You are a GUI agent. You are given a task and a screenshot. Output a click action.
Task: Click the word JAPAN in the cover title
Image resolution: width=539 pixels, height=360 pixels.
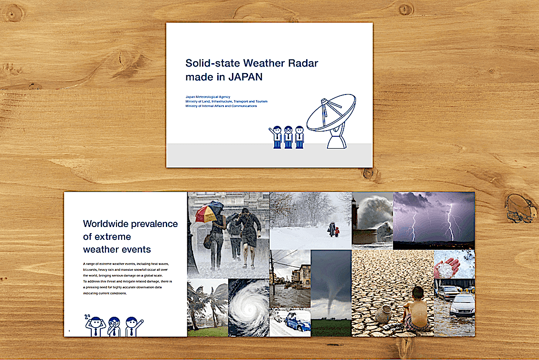click(x=245, y=77)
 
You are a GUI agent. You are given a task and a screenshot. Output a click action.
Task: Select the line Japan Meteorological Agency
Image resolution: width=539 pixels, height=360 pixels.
click(x=208, y=97)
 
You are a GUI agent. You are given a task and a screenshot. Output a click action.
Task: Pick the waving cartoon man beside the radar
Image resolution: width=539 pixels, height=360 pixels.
click(x=276, y=137)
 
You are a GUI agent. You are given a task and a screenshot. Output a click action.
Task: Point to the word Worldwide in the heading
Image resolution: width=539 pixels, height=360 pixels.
click(x=106, y=224)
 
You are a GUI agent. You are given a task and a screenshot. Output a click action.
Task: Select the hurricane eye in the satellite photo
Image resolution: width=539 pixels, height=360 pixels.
click(x=249, y=309)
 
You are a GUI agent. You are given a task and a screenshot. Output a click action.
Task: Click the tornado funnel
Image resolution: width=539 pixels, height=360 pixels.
click(x=331, y=298)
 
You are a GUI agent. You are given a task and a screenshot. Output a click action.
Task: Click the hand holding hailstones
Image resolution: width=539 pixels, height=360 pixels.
click(x=447, y=267)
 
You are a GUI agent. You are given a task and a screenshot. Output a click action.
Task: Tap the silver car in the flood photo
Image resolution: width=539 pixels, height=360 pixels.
click(x=462, y=305)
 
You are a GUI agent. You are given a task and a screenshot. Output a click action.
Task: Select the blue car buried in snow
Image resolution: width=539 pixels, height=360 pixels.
click(x=296, y=322)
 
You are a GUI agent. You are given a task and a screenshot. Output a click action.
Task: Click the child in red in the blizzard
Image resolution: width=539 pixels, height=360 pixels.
click(x=337, y=232)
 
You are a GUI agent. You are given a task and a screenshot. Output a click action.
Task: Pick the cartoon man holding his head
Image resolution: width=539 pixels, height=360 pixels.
click(x=95, y=325)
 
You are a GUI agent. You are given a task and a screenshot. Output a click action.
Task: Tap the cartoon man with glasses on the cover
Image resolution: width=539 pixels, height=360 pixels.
click(x=289, y=137)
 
